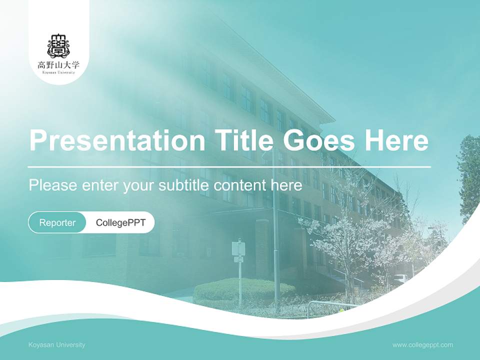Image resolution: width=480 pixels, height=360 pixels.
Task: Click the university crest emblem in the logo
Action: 58,45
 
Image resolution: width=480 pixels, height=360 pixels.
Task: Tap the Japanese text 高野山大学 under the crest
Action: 58,64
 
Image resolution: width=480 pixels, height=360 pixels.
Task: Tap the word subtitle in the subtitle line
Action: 184,185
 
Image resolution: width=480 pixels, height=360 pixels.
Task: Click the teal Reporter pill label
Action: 57,222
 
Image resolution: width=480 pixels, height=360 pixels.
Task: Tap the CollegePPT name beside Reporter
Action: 120,222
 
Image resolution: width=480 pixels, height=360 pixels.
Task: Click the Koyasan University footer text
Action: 57,344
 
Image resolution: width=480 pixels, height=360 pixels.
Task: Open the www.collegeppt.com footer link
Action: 422,344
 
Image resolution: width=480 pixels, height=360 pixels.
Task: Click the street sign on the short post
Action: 238,248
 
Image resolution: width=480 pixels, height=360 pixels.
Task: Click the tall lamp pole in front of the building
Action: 275,225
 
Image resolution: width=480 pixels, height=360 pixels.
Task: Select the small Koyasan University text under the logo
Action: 58,72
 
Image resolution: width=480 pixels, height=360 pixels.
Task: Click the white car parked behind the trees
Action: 400,278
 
